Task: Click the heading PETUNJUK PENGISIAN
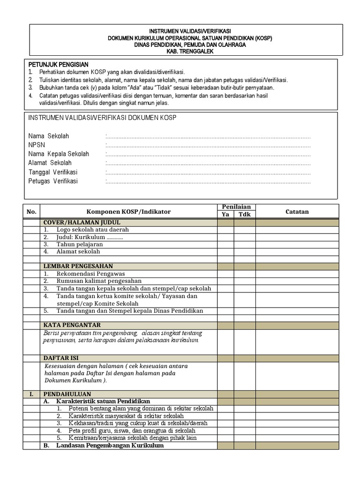[x=58, y=64]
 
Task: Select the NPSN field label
[x=37, y=145]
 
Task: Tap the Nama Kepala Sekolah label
[x=59, y=154]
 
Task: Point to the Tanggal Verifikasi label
[x=52, y=172]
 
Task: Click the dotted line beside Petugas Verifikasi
[x=209, y=181]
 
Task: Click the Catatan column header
[x=297, y=211]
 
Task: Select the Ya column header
[x=225, y=215]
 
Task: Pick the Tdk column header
[x=245, y=215]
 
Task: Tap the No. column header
[x=31, y=211]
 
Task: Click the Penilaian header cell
[x=236, y=207]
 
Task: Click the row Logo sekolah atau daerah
[x=92, y=230]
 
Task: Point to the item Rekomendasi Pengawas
[x=90, y=274]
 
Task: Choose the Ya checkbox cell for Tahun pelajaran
[x=225, y=244]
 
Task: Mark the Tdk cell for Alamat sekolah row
[x=245, y=252]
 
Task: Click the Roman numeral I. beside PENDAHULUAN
[x=31, y=394]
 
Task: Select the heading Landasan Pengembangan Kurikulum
[x=110, y=446]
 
